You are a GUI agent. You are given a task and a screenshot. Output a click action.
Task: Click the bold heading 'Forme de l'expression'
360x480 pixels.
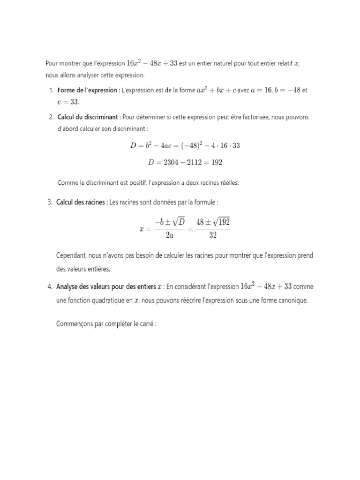[x=87, y=90]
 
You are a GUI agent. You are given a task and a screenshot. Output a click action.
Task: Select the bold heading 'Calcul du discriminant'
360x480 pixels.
[x=88, y=117]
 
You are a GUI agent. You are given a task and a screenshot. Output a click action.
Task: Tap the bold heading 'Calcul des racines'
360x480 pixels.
[x=81, y=202]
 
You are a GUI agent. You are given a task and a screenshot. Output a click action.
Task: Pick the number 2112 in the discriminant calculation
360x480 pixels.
[x=197, y=162]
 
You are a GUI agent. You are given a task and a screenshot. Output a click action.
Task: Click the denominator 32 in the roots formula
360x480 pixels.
[x=213, y=236]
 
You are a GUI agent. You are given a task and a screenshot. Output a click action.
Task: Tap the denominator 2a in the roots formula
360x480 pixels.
[x=170, y=236]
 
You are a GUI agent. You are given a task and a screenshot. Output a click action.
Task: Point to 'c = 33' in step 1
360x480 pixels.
[x=67, y=102]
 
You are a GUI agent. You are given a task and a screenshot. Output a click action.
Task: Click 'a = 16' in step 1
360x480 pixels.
[x=262, y=90]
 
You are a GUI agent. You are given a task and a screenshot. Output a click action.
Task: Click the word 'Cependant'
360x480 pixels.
[x=70, y=256]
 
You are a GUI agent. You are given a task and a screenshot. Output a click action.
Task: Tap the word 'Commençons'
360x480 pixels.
[x=74, y=323]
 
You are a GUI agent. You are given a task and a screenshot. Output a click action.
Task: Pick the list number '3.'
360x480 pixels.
[x=50, y=202]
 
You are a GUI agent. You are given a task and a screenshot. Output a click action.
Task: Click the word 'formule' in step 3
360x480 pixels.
[x=205, y=202]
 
